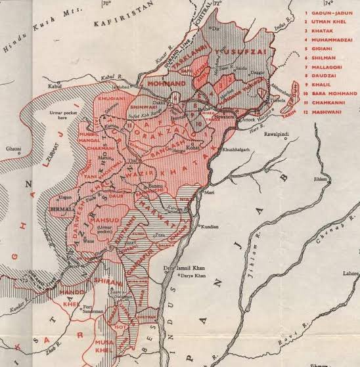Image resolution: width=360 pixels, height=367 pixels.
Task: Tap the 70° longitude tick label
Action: (x=106, y=4)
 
